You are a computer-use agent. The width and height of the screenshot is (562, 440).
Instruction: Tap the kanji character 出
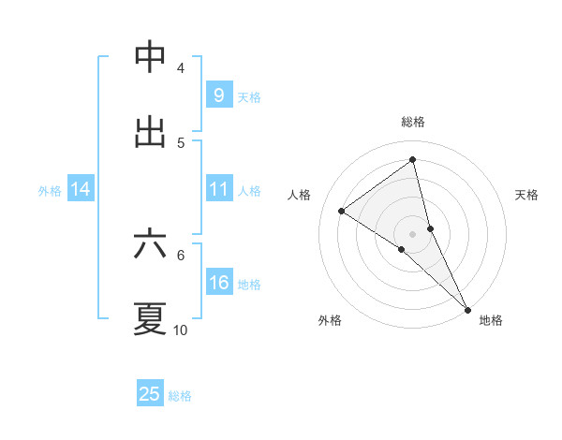coord(150,132)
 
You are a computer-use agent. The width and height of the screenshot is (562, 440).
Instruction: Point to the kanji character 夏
coord(150,318)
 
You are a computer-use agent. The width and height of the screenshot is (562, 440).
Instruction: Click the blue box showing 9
coord(218,95)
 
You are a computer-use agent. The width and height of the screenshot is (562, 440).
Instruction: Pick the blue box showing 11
coord(218,189)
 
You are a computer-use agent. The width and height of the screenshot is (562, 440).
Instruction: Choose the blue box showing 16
coord(218,283)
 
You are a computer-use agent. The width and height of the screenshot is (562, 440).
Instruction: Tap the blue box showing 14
coord(81,189)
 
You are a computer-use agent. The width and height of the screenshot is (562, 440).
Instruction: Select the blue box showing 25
coord(150,394)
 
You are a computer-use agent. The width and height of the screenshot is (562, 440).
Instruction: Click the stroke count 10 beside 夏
coord(181,330)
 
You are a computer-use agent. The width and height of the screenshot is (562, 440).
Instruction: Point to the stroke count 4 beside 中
coord(181,67)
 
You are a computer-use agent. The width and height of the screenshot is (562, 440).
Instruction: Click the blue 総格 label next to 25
coord(180,396)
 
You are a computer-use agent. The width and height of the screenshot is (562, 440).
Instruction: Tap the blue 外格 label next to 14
coord(50,191)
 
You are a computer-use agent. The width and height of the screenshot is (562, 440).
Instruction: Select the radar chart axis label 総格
coord(413,122)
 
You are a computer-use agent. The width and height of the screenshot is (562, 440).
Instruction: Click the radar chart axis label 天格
coord(527,195)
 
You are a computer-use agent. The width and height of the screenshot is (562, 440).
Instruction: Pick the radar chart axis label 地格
coord(491,320)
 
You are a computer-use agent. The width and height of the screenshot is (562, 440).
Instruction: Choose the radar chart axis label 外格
coord(330,320)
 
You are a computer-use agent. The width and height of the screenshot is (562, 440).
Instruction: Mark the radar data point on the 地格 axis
coord(467,308)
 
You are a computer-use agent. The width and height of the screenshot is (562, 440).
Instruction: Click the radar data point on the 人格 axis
coord(342,211)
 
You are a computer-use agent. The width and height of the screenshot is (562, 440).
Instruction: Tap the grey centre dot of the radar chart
coord(413,233)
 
